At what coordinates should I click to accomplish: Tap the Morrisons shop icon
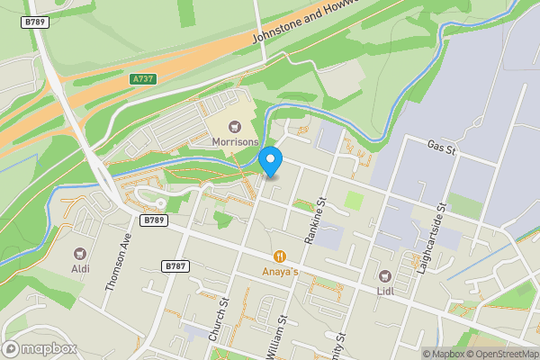pos(236,126)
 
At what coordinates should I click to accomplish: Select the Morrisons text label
pos(236,142)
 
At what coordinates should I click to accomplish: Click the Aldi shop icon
pos(81,253)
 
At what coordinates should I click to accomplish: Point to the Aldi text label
pos(81,268)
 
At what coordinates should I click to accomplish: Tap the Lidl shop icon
pos(385,274)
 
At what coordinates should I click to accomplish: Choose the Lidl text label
pos(385,290)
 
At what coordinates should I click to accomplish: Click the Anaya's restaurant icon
pos(281,256)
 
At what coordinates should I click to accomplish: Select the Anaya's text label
pos(281,270)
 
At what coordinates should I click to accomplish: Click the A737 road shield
pos(142,79)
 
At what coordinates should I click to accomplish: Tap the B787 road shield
pos(175,266)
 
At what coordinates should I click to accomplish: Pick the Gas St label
pos(442,147)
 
